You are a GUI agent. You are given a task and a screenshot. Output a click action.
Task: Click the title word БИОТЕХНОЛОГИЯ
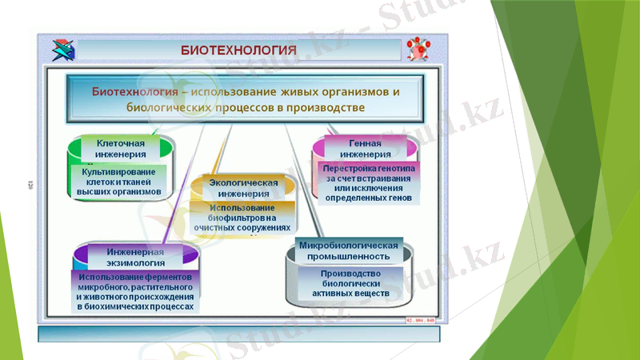coord(238,50)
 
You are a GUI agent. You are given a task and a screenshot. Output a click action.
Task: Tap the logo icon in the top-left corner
coord(62,50)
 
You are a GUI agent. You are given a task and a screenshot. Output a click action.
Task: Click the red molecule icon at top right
coord(417,49)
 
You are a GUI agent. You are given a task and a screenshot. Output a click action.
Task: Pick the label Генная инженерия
coord(365,149)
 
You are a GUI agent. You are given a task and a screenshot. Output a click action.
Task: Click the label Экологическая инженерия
coord(244,188)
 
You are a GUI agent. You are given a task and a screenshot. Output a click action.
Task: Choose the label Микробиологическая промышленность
coord(348,251)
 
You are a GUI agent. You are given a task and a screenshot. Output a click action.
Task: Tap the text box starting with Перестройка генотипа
coord(369,183)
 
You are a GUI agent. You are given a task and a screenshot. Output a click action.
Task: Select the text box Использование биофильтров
coord(242,218)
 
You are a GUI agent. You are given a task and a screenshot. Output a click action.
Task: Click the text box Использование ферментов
coord(136,291)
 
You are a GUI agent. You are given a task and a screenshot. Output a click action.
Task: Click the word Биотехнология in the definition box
coord(134,91)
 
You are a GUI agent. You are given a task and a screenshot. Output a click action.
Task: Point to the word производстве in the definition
coord(326,106)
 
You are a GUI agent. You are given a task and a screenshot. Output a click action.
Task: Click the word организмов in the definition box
coord(353,91)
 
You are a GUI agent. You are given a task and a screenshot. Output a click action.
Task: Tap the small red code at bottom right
coord(419,319)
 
